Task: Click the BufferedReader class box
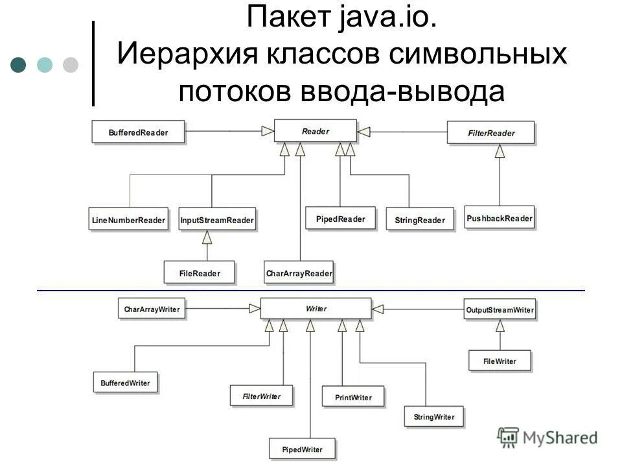coord(139,132)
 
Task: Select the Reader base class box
coord(316,132)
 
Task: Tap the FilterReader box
coord(491,133)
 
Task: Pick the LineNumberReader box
coord(128,220)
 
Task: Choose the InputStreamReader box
coord(217,220)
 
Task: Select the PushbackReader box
coord(500,218)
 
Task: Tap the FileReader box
coord(200,273)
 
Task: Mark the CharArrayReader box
coord(299,273)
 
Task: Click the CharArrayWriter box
coord(152,309)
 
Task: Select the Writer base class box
coord(316,309)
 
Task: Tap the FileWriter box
coord(500,361)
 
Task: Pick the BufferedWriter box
coord(126,383)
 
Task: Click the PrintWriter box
coord(352,396)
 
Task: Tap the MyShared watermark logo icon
coord(509,436)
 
